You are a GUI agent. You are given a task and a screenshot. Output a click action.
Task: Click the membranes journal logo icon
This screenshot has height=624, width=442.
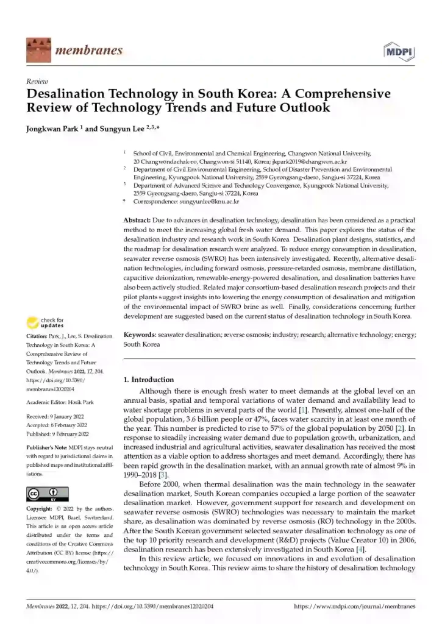click(x=38, y=50)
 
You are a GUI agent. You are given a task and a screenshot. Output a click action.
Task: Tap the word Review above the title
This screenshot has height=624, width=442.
click(x=37, y=81)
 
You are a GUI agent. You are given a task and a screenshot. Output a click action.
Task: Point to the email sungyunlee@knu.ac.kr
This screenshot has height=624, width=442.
click(x=208, y=200)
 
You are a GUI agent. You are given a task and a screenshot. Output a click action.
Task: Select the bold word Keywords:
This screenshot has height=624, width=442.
click(x=140, y=335)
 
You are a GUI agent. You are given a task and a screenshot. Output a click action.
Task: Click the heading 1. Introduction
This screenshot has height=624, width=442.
click(x=149, y=379)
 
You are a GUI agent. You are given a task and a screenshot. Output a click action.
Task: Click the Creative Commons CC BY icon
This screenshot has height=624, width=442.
click(x=47, y=493)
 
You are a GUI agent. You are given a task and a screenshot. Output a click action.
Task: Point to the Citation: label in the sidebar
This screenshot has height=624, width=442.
click(x=38, y=336)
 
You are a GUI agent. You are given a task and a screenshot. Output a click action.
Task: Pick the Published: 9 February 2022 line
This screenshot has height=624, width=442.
click(x=58, y=434)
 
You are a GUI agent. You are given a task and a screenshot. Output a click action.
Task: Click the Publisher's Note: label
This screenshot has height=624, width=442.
click(x=47, y=447)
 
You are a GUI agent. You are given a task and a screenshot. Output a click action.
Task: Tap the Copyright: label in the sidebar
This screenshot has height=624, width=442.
click(x=39, y=508)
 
